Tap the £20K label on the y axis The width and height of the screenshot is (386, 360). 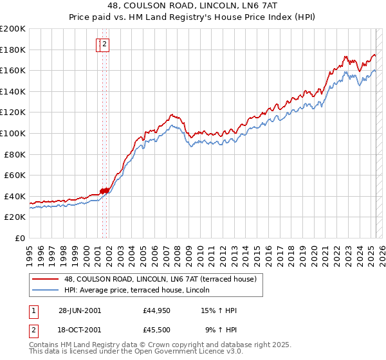point(15,217)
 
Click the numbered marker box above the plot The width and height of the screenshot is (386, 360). point(104,44)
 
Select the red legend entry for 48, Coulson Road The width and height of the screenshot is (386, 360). point(160,278)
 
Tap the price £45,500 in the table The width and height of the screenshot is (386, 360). point(157,330)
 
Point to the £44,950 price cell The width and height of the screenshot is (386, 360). point(157,310)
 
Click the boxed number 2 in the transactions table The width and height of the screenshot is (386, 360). point(33,330)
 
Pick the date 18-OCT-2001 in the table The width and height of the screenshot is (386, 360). point(80,330)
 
